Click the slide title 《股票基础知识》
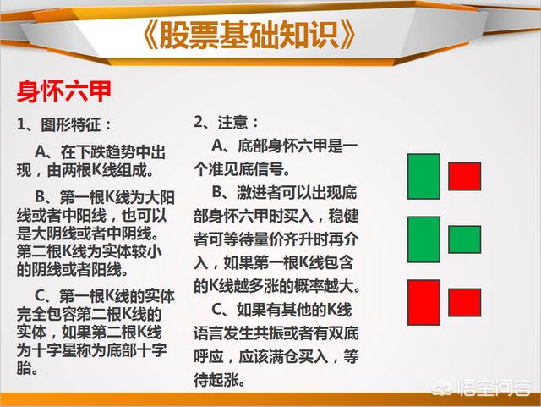pos(249,36)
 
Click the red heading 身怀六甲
pos(64,91)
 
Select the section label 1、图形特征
pos(64,124)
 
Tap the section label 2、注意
pos(226,123)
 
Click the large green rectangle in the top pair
pos(424,177)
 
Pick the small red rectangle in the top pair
pos(464,177)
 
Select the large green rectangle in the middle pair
pos(424,239)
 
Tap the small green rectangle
pos(464,239)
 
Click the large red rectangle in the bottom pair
pos(424,302)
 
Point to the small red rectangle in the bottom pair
pos(464,302)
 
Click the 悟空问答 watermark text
pos(494,388)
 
